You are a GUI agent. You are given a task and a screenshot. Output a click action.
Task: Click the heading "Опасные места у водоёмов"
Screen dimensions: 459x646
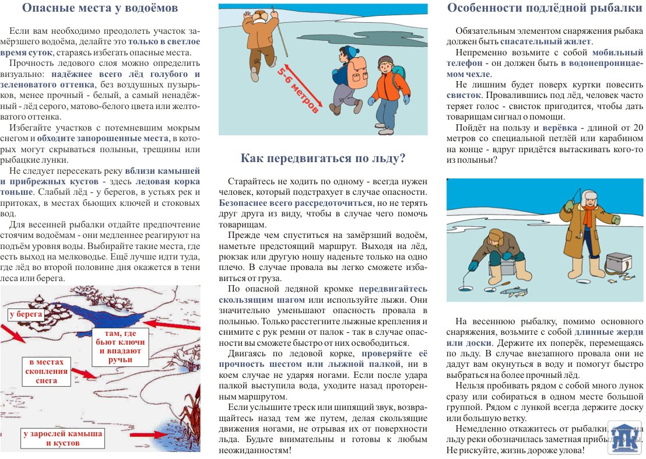[100, 9]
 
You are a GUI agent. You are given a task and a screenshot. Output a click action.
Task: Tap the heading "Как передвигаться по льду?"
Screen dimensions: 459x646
[323, 159]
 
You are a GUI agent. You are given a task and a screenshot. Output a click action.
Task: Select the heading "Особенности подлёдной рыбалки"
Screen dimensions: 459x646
[544, 8]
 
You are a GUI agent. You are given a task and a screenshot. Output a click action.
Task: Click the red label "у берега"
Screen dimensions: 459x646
[27, 314]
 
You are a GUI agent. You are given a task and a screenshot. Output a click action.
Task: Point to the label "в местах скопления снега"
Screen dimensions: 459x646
[48, 371]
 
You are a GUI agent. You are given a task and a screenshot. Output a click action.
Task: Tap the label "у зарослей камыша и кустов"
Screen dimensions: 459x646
[63, 438]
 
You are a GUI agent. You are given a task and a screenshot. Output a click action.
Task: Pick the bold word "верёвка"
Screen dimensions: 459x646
[560, 128]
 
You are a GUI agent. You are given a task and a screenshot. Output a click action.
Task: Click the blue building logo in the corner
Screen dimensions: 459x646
[624, 437]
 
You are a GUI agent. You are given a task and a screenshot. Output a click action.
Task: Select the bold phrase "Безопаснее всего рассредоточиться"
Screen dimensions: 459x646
[296, 203]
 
